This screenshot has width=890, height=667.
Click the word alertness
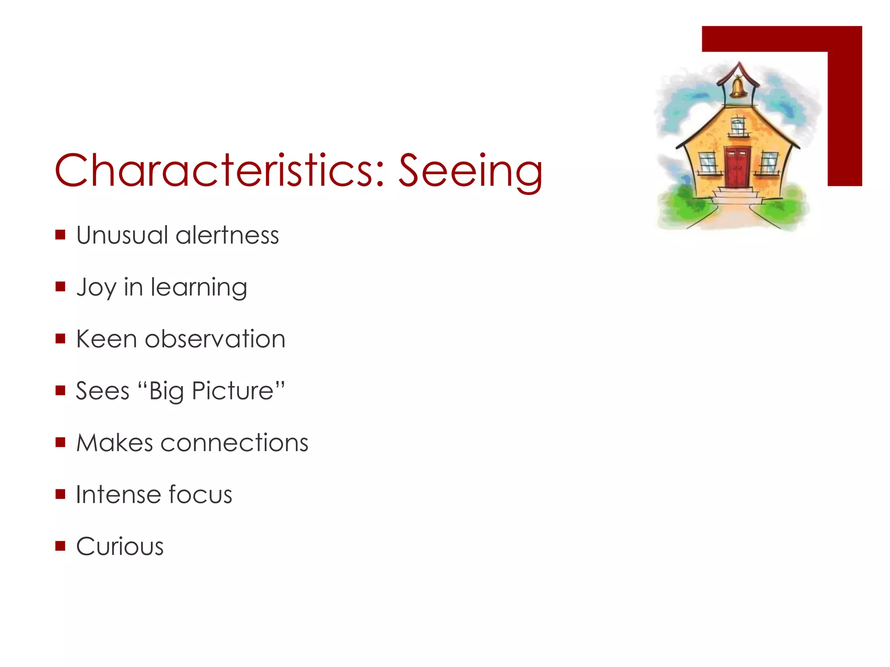pos(227,235)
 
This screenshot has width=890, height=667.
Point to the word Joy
pos(96,287)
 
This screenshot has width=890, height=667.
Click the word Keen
pos(106,339)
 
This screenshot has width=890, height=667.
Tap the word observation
pos(215,339)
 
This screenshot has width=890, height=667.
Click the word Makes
pos(115,443)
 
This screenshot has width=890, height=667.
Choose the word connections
pos(234,443)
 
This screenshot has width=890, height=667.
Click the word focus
pos(200,495)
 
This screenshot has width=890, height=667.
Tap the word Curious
pos(120,546)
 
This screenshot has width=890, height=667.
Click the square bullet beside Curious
pos(60,545)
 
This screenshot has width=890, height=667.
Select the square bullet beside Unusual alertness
pos(60,235)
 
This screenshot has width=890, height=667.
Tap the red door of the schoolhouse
pos(737,167)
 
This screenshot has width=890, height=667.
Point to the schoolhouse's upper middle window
pos(737,127)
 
